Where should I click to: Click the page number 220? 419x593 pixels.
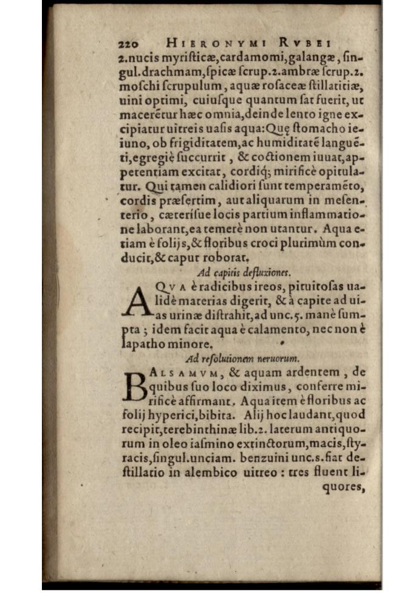[128, 44]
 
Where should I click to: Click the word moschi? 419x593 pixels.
[137, 86]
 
